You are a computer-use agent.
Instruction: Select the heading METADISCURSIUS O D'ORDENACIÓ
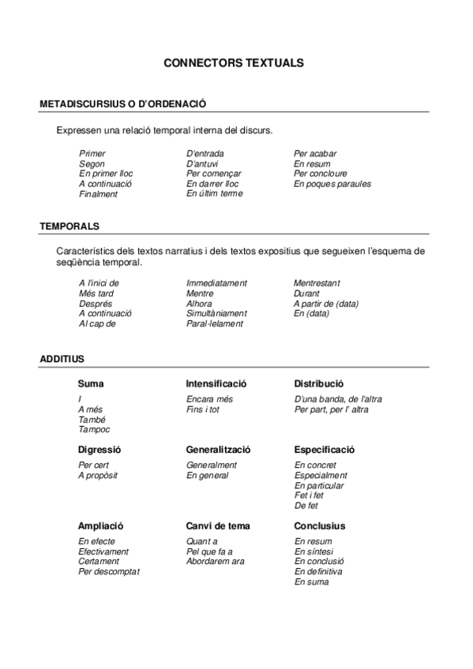pos(122,103)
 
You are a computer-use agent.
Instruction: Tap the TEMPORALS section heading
pos(69,226)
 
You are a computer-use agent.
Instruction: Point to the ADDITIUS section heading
pos(62,359)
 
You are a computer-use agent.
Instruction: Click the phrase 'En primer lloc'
pos(106,174)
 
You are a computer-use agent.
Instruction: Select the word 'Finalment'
pos(98,194)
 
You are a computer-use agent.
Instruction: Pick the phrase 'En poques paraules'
pos(332,184)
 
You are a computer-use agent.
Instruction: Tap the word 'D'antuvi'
pos(202,163)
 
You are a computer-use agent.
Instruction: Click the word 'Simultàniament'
pos(216,313)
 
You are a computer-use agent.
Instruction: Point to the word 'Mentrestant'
pos(317,282)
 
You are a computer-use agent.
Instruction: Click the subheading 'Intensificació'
pos(216,383)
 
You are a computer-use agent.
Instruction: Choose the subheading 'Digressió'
pos(99,450)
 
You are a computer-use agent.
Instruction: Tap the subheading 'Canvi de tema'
pos(217,526)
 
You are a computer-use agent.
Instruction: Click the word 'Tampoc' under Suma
pos(94,430)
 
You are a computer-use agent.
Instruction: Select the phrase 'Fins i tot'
pos(203,409)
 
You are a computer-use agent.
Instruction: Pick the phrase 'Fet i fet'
pos(309,495)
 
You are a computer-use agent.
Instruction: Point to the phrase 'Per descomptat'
pos(108,571)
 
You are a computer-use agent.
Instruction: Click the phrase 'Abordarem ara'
pos(215,562)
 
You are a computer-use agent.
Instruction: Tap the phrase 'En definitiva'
pos(318,571)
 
